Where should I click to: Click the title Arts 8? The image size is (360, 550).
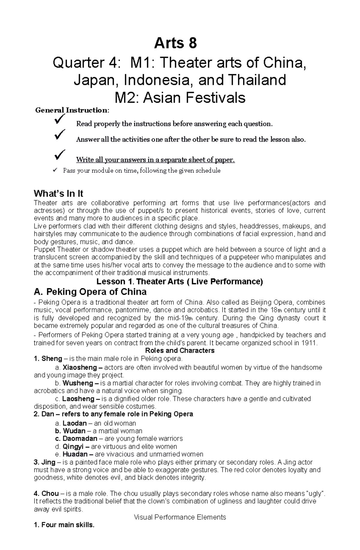[x=175, y=43]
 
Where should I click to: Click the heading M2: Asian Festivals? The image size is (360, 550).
[x=180, y=98]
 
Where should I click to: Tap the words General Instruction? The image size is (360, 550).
[x=71, y=110]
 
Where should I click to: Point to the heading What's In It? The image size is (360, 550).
[x=58, y=193]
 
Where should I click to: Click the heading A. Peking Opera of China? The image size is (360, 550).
[x=90, y=292]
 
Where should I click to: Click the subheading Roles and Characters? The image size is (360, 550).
[x=180, y=350]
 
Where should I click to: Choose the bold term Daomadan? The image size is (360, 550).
[x=80, y=439]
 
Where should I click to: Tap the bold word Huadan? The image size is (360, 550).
[x=75, y=454]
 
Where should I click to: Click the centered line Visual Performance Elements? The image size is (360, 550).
[x=180, y=517]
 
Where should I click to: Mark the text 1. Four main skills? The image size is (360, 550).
[x=64, y=525]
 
